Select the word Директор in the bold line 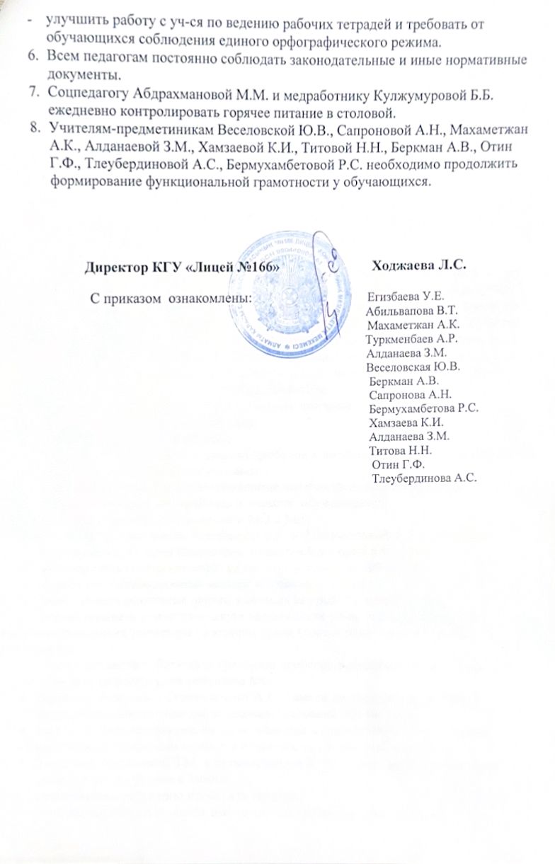113,268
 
